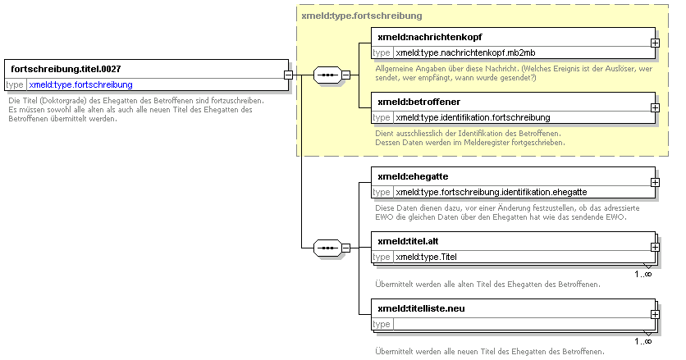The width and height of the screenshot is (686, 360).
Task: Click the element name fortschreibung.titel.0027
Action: point(66,69)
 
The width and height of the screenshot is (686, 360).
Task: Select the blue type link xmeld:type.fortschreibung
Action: point(81,84)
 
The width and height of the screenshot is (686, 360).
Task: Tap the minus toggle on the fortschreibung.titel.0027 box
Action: point(288,75)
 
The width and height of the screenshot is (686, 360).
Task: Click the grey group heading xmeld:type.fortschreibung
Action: point(362,16)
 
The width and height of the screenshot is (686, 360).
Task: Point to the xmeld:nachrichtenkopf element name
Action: point(430,37)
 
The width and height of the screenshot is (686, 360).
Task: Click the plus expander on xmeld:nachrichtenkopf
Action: point(655,43)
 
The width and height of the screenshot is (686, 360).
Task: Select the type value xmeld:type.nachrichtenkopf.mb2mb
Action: point(465,53)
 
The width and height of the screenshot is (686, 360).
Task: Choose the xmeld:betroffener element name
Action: point(418,102)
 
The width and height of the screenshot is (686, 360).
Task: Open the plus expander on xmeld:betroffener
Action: point(655,107)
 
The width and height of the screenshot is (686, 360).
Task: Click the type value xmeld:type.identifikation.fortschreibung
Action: point(473,117)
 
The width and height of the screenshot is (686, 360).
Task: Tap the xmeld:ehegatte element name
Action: point(413,176)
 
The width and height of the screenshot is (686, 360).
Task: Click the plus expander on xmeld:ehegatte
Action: point(655,182)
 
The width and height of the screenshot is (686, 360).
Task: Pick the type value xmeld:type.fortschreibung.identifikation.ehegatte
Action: point(492,193)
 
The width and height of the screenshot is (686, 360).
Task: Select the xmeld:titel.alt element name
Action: point(408,241)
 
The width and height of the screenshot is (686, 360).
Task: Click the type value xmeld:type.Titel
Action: point(426,257)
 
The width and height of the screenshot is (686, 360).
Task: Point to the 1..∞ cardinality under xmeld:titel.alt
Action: point(643,274)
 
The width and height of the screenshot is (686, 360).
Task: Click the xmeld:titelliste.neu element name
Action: point(421,309)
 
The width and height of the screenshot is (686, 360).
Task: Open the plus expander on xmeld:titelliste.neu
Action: point(655,315)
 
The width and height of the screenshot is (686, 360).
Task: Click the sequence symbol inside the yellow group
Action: point(327,75)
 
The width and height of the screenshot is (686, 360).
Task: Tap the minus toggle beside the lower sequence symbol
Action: point(345,248)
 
